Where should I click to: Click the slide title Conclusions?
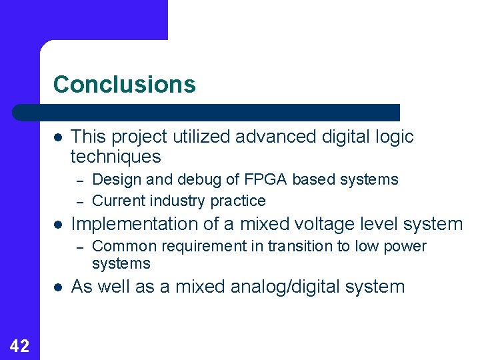[125, 85]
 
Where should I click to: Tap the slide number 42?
[19, 345]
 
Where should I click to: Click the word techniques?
[115, 157]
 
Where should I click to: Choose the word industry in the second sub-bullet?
[175, 201]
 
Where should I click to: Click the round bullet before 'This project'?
[58, 137]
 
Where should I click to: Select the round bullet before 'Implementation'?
[58, 225]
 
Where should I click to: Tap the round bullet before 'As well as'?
[58, 287]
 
